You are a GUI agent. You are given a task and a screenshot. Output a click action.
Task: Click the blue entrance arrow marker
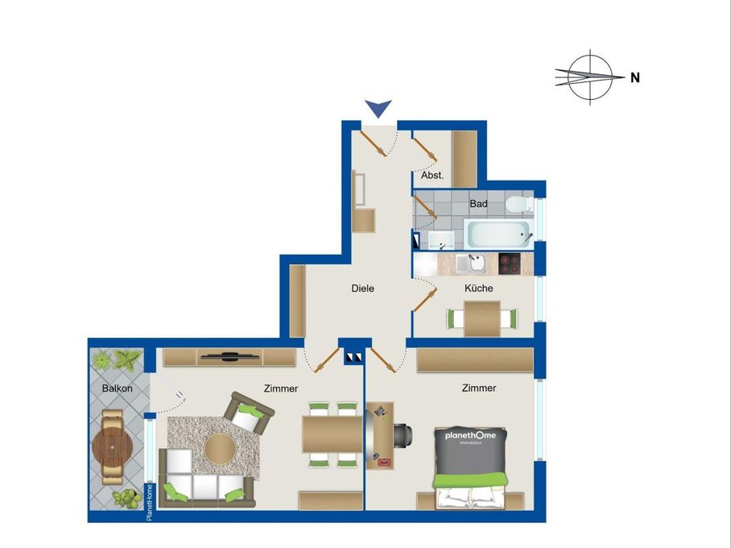(x=378, y=108)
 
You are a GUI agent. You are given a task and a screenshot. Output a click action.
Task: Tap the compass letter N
(x=635, y=78)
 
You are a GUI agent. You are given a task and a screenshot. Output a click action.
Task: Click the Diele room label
(x=362, y=289)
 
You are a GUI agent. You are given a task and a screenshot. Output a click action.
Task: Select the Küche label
(x=478, y=288)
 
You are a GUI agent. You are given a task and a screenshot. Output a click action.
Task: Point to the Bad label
(x=478, y=204)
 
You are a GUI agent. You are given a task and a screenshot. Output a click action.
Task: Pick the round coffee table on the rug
(x=219, y=448)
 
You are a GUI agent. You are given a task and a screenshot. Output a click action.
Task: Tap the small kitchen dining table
(x=482, y=318)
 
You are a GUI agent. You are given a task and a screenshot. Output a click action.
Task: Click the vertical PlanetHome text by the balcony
(x=150, y=502)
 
